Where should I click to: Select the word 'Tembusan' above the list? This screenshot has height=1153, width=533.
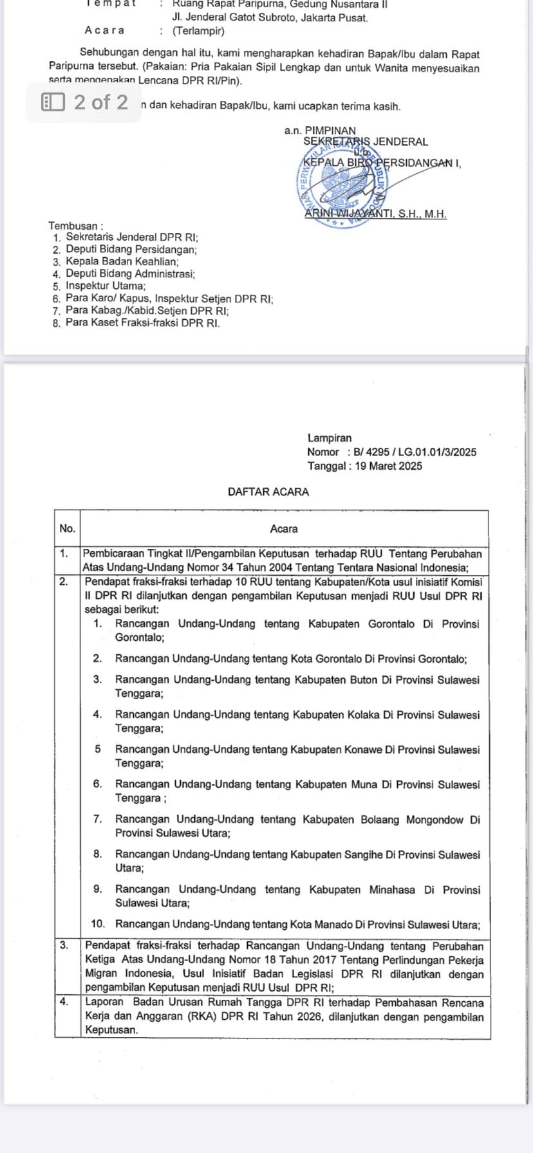(73, 226)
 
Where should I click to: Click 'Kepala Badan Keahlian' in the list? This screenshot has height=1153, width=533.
(122, 262)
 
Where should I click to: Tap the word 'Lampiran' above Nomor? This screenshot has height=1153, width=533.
(330, 438)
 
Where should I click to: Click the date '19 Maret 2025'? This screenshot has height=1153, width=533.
(388, 466)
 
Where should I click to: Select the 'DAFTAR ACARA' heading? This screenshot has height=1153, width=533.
(268, 492)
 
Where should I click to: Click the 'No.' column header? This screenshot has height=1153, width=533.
(67, 529)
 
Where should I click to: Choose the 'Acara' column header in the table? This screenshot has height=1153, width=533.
(284, 529)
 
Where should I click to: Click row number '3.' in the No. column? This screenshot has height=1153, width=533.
(64, 945)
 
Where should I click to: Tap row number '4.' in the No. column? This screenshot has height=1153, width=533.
(64, 1002)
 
